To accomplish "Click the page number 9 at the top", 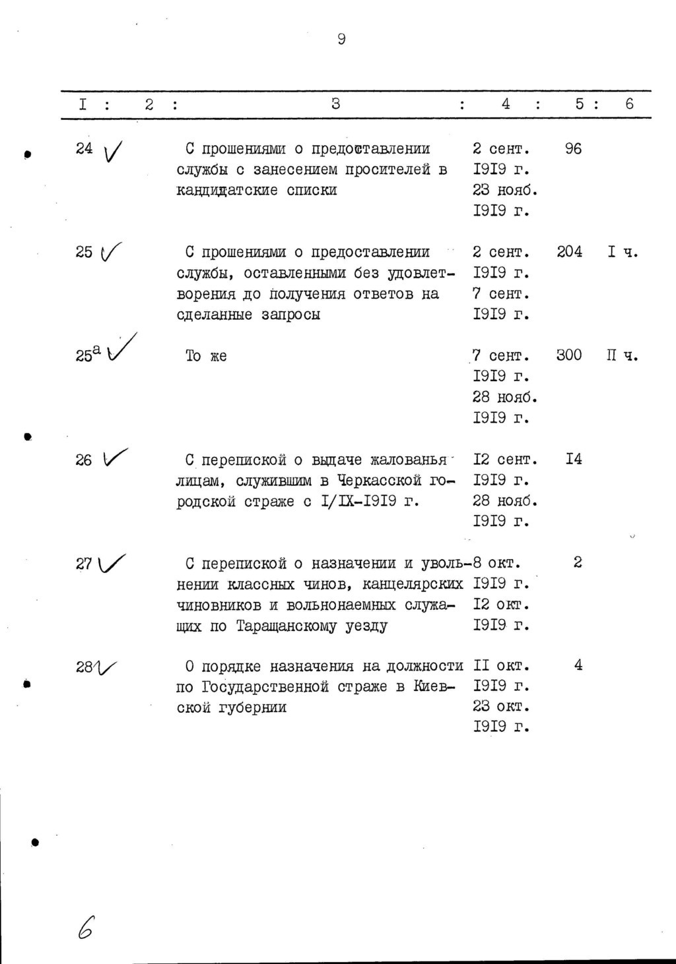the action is pos(341,40).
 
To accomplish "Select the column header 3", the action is pos(336,104).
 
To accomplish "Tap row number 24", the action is pos(84,148).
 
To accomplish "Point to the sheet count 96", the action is pos(573,149).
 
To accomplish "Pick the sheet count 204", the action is pos(569,252).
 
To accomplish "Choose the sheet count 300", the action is pos(569,355).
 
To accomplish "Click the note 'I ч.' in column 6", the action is pos(623,252).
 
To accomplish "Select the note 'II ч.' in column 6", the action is pos(623,356).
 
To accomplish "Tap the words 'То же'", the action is pos(206,356).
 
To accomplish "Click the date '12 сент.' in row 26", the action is pos(505,460).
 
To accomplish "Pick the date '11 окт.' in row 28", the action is pos(502,666).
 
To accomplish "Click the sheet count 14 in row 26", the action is pos(573,459).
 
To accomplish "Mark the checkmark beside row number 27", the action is pos(112,563).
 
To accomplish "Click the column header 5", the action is pos(579,104).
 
